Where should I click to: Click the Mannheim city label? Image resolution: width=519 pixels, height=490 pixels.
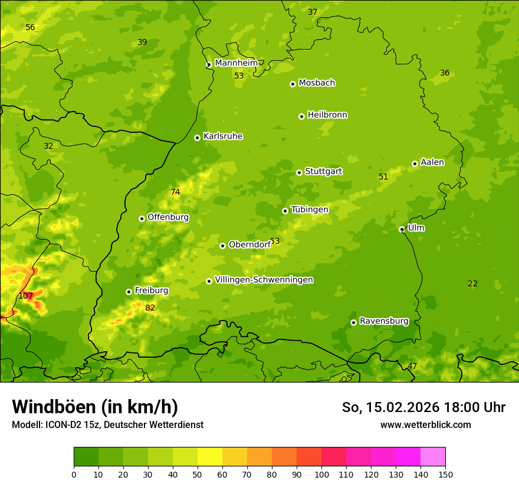(x=236, y=63)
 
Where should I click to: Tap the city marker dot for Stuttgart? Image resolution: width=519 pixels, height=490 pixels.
(x=299, y=172)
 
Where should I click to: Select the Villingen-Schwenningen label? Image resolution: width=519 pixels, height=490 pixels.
(x=264, y=280)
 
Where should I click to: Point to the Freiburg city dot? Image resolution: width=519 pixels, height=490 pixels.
(x=129, y=292)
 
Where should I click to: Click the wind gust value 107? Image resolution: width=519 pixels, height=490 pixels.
(x=26, y=296)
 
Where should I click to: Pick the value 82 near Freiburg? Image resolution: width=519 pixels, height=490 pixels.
(x=150, y=308)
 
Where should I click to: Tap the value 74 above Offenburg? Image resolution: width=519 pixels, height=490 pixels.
(x=175, y=192)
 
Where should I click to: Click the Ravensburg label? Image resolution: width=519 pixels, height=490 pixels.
(x=383, y=321)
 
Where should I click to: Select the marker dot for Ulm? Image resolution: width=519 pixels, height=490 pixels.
(x=402, y=229)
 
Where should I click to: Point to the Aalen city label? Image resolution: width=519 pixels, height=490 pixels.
(x=432, y=162)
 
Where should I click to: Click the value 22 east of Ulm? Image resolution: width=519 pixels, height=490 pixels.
(x=472, y=283)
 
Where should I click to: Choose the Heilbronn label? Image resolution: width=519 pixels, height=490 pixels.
(x=327, y=115)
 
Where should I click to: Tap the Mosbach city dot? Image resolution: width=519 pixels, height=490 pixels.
(x=293, y=84)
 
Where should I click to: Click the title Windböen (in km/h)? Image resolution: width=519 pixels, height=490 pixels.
(x=95, y=407)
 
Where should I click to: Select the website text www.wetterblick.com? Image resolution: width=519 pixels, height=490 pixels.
(x=425, y=424)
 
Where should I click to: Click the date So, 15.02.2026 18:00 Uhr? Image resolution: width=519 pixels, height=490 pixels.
(x=423, y=407)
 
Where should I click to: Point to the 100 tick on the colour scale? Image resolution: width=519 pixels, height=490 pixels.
(x=321, y=474)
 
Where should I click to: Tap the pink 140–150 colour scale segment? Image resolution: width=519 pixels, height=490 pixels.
(x=433, y=457)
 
